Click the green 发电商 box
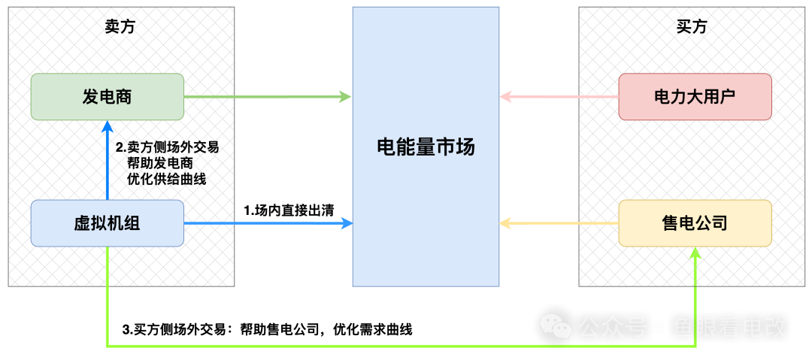[x=107, y=97]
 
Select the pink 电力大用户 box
[x=695, y=97]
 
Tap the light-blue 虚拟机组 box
[x=107, y=223]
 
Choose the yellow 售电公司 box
[x=695, y=223]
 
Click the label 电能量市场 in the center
[x=426, y=147]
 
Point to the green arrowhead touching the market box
[x=345, y=97]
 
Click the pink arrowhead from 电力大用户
[x=506, y=97]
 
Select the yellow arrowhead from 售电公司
[x=506, y=223]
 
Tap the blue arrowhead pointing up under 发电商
[x=108, y=126]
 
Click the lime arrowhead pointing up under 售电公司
[x=695, y=253]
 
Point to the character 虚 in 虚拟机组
[x=82, y=223]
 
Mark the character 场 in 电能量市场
[x=465, y=147]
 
